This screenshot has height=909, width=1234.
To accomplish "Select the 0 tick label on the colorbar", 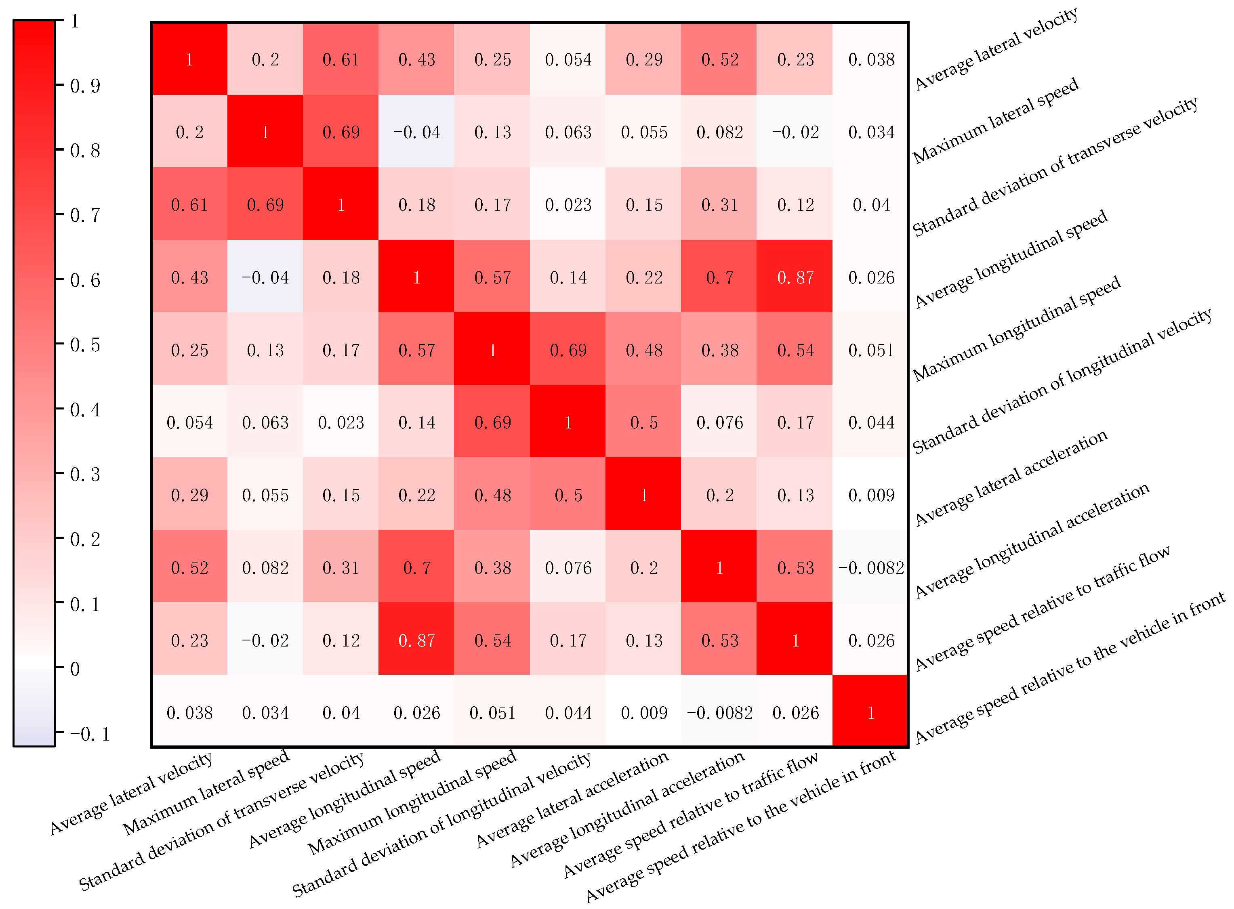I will tap(75, 669).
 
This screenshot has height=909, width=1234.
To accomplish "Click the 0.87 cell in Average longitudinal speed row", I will tap(795, 277).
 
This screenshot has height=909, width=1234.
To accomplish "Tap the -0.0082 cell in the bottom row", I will tap(719, 713).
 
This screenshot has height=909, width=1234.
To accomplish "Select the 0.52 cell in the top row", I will tap(719, 59).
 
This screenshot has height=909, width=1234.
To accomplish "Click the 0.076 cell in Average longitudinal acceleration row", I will tap(568, 567).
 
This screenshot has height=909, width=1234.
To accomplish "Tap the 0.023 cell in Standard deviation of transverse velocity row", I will tap(568, 205).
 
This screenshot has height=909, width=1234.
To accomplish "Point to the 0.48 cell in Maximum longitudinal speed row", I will tap(643, 350).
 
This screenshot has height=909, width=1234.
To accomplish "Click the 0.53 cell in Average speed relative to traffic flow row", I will tap(719, 640).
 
